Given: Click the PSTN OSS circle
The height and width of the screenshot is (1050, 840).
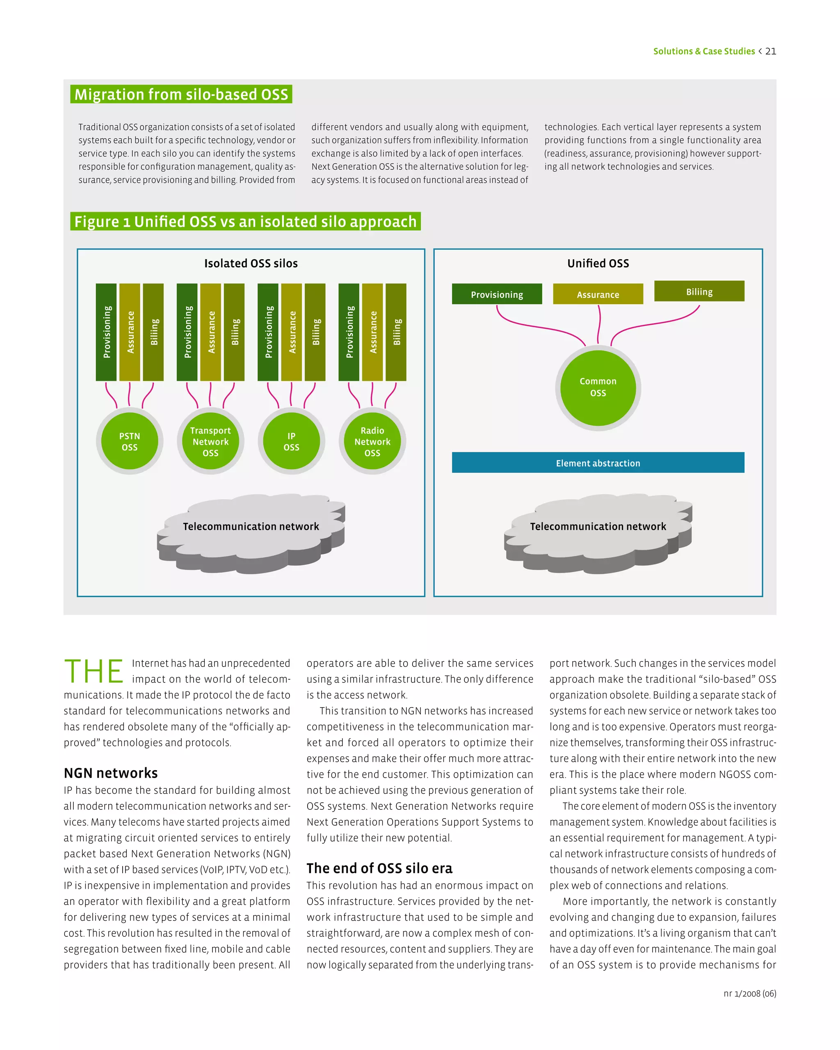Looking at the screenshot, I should (130, 441).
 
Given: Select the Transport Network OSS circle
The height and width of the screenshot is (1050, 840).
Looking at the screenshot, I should (210, 441).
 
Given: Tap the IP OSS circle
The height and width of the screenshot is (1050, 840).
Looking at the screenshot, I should (291, 441).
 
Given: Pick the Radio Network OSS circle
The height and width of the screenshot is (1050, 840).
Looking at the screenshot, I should (372, 441).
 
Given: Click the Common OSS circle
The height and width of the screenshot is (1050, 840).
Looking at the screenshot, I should (598, 388).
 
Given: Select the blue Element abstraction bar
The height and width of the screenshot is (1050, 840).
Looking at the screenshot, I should (598, 463).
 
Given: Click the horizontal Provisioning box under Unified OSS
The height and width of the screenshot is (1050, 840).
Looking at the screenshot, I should (497, 294).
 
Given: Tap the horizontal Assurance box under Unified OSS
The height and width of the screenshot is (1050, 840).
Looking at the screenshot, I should (598, 294).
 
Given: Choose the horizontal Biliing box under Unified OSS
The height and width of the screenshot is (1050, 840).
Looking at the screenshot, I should (699, 291).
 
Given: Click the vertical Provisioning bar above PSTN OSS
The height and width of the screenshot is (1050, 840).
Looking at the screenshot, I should (106, 332).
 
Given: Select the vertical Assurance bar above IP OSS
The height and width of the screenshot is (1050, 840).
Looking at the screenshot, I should (292, 332).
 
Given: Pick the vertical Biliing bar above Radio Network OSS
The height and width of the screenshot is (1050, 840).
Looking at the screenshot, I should (396, 332).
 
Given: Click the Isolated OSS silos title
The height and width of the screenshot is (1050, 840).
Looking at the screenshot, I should (251, 263).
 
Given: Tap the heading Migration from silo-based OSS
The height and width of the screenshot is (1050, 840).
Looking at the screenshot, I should (181, 94).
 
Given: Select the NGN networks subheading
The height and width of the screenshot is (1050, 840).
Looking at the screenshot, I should (111, 773).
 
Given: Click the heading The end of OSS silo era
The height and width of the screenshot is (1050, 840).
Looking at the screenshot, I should (379, 868).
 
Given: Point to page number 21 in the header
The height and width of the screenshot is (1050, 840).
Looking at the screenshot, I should (771, 51).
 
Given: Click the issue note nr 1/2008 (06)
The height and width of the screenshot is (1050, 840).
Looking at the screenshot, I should (749, 993).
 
